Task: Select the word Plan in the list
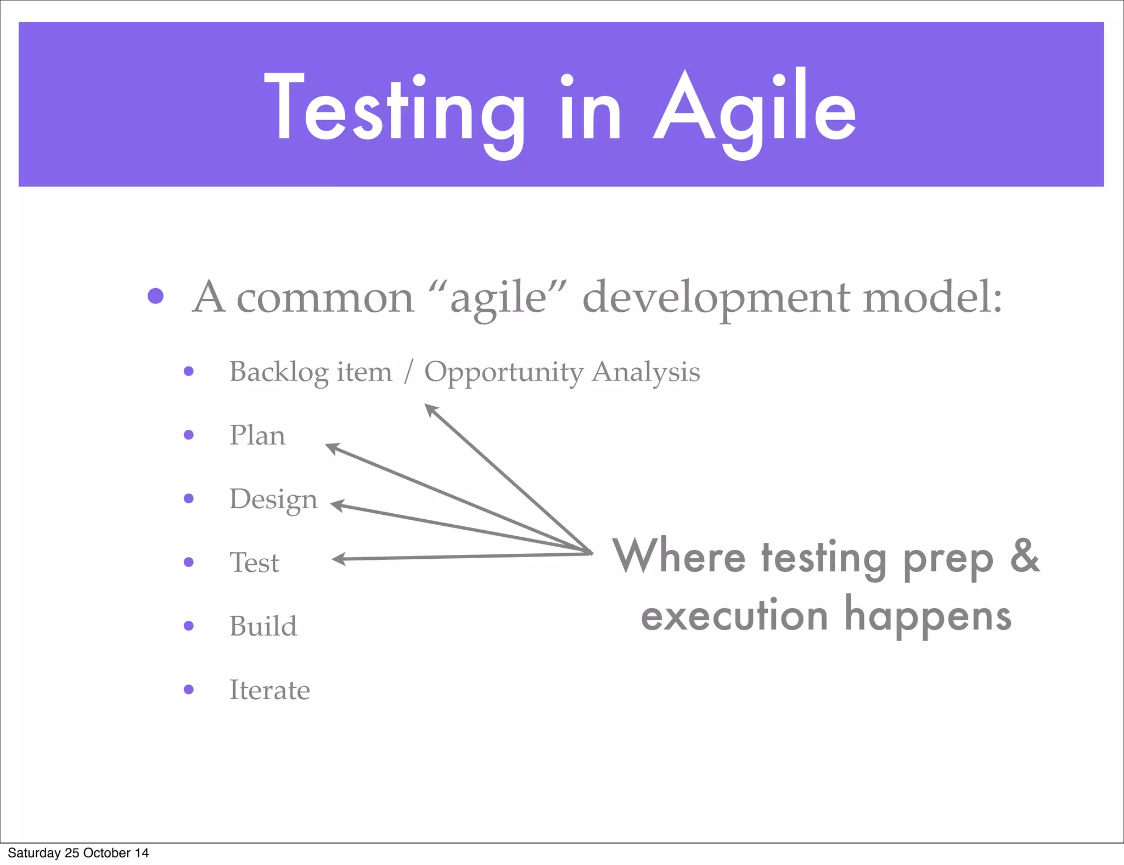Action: (x=257, y=435)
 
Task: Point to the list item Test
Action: (x=254, y=563)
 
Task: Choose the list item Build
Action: (x=263, y=626)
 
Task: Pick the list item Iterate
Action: (x=269, y=690)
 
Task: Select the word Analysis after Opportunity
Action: (x=645, y=372)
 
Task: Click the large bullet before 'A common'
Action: (x=156, y=296)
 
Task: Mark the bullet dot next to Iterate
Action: (x=189, y=689)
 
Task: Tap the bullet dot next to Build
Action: (x=189, y=626)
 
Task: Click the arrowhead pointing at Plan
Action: (x=332, y=448)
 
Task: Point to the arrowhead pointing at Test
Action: (x=338, y=559)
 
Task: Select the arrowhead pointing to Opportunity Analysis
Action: (x=431, y=409)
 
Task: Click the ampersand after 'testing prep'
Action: (x=1024, y=556)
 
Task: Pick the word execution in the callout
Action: (x=734, y=616)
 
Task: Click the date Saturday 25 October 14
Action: (x=78, y=853)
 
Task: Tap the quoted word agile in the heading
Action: (x=498, y=298)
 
